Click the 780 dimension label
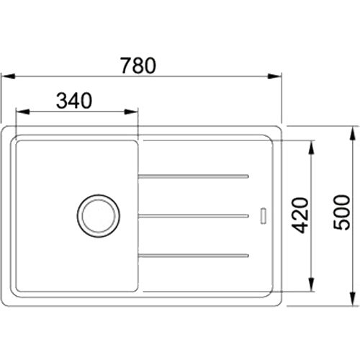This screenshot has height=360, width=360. (138, 66)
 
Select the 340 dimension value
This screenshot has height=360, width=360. (74, 101)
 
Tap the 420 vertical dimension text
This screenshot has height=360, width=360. (300, 215)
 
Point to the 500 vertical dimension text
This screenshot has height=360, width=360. (341, 212)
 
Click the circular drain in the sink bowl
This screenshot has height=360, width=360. (99, 216)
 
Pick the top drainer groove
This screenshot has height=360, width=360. (194, 176)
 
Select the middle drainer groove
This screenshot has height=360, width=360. (194, 216)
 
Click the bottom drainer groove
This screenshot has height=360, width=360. (194, 256)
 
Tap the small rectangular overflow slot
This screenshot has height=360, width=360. (264, 216)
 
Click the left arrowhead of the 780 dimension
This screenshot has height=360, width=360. (9, 76)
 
